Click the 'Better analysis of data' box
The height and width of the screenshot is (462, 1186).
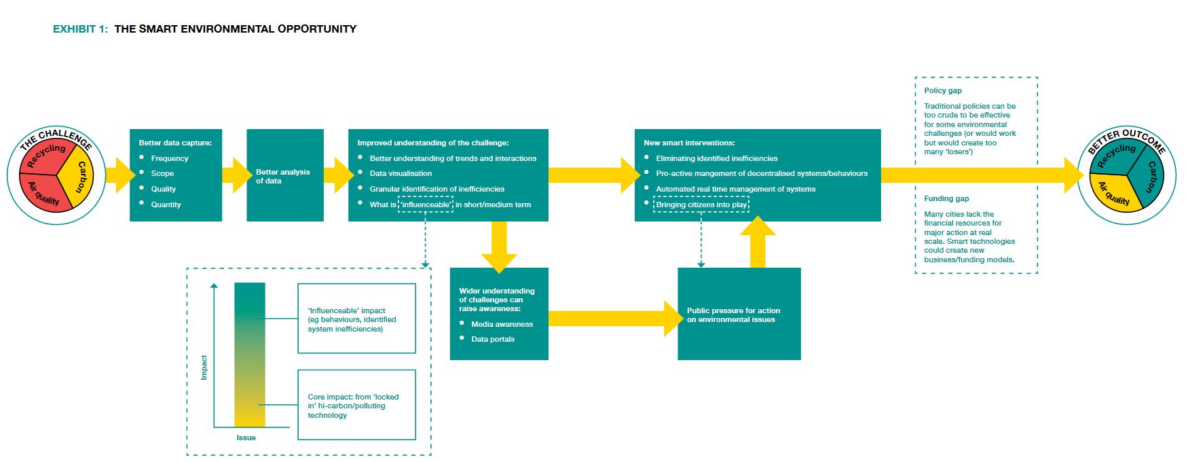[x=284, y=175]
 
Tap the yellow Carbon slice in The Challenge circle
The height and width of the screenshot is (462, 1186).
[x=80, y=177]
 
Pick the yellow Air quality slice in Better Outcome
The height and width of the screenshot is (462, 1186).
[x=1113, y=193]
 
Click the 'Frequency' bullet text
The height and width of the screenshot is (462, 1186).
[x=170, y=158]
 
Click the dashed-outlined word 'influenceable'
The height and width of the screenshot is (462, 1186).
[x=426, y=205]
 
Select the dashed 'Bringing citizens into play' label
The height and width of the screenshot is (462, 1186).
[x=701, y=205]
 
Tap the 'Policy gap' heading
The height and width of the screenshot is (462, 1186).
[x=942, y=90]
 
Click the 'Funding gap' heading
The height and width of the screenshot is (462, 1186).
[x=946, y=198]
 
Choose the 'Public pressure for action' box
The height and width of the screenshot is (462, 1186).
[x=739, y=314]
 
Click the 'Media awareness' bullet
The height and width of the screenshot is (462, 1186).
[x=502, y=324]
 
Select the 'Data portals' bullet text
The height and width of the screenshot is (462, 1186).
[x=493, y=339]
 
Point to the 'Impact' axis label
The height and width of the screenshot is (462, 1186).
[x=204, y=367]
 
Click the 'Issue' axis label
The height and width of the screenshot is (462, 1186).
[x=246, y=438]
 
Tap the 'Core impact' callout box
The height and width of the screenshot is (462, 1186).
[x=356, y=405]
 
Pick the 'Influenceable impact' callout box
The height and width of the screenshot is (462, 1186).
[x=356, y=319]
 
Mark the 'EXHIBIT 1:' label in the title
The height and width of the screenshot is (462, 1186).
[x=80, y=29]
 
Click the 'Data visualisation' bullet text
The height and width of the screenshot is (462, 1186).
[x=401, y=173]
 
